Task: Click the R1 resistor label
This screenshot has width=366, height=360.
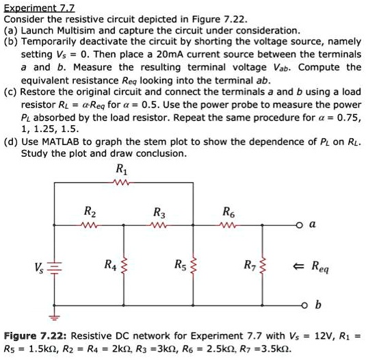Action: pyautogui.click(x=121, y=170)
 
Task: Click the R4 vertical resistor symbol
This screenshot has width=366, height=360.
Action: pyautogui.click(x=123, y=264)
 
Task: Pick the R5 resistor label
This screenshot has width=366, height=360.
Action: pyautogui.click(x=180, y=264)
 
